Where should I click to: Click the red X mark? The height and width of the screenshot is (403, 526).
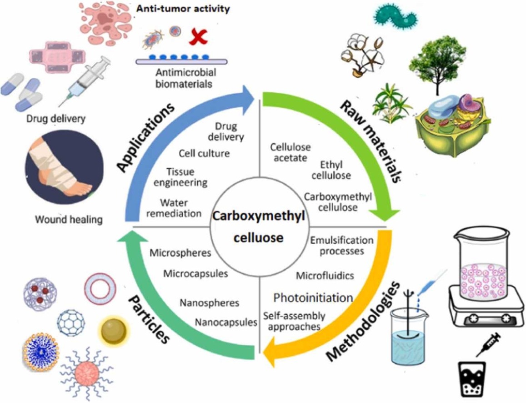pyautogui.click(x=198, y=36)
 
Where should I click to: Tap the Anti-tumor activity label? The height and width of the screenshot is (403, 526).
pyautogui.click(x=183, y=9)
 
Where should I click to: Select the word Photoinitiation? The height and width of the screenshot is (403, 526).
pyautogui.click(x=313, y=297)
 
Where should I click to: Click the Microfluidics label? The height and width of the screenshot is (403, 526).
pyautogui.click(x=325, y=276)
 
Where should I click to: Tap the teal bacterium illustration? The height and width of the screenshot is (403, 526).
pyautogui.click(x=396, y=16)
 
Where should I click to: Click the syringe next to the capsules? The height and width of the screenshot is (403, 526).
pyautogui.click(x=85, y=81)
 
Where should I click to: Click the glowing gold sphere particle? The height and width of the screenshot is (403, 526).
pyautogui.click(x=113, y=331)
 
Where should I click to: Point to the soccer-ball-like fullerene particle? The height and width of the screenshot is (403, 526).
pyautogui.click(x=71, y=322)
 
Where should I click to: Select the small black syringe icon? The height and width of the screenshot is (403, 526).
pyautogui.click(x=488, y=345)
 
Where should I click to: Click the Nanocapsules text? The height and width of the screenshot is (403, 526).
pyautogui.click(x=226, y=322)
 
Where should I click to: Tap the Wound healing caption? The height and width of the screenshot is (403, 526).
pyautogui.click(x=69, y=220)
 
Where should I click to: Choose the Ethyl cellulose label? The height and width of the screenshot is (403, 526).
pyautogui.click(x=331, y=170)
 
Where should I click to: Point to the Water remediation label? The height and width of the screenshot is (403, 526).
pyautogui.click(x=174, y=208)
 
